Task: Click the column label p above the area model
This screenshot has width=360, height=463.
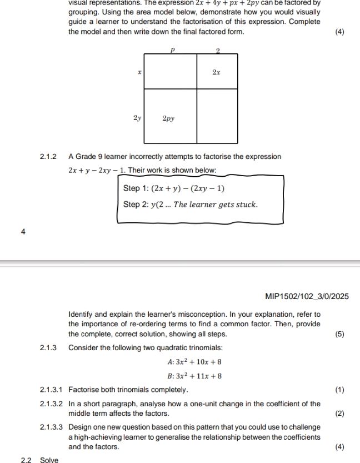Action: pos(173,49)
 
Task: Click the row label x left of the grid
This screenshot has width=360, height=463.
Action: pos(139,72)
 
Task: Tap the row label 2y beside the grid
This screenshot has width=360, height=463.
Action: pos(137,118)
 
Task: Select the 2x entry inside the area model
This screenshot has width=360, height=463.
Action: pos(217,72)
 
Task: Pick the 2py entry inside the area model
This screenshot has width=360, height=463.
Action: pos(168,118)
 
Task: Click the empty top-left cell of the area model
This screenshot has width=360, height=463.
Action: pos(171,71)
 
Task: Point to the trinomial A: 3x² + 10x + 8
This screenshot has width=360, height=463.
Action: pos(194,362)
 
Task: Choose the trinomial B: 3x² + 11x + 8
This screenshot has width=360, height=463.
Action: pos(194,376)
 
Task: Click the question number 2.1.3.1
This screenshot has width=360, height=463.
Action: pos(51,390)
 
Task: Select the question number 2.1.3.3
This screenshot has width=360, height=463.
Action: pos(51,427)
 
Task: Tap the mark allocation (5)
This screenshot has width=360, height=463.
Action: pos(340,334)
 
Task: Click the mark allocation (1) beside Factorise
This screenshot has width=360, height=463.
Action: pos(340,390)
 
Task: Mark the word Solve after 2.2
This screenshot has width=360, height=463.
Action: pos(49,460)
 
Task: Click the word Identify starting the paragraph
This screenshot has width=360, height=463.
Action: pos(81,314)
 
